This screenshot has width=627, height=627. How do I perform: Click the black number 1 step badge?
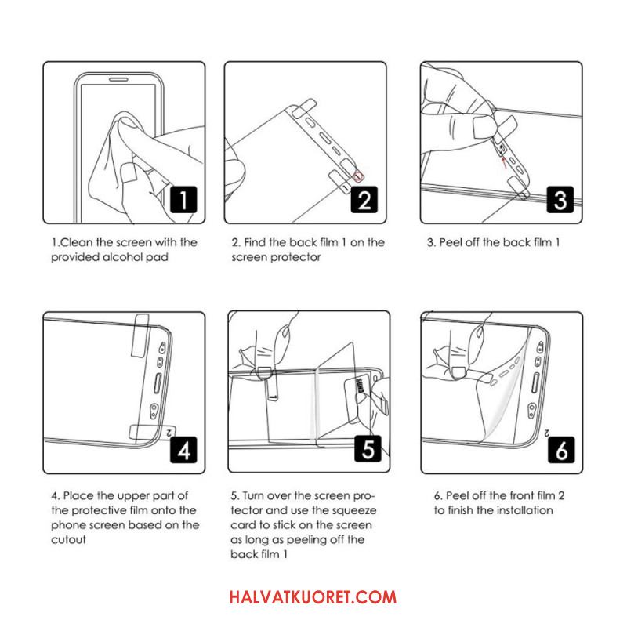pyautogui.click(x=183, y=199)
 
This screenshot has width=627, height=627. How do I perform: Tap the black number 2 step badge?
pyautogui.click(x=364, y=199)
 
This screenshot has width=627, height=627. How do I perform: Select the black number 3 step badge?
pyautogui.click(x=560, y=199)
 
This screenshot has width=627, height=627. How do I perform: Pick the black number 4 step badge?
pyautogui.click(x=183, y=449)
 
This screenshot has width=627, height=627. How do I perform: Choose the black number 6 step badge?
pyautogui.click(x=561, y=449)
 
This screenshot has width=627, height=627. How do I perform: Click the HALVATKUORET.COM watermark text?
pyautogui.click(x=313, y=597)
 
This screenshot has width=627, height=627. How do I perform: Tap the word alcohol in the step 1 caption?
pyautogui.click(x=122, y=257)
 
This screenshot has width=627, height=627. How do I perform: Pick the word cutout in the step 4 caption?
pyautogui.click(x=68, y=539)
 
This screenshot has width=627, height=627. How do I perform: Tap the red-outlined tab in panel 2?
pyautogui.click(x=358, y=176)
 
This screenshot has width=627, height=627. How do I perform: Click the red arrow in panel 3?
pyautogui.click(x=504, y=161)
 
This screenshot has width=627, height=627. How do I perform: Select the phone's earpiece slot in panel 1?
pyautogui.click(x=119, y=79)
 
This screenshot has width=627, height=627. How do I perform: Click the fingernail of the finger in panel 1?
pyautogui.click(x=129, y=172)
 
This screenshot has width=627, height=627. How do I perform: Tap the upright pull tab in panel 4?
pyautogui.click(x=140, y=335)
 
